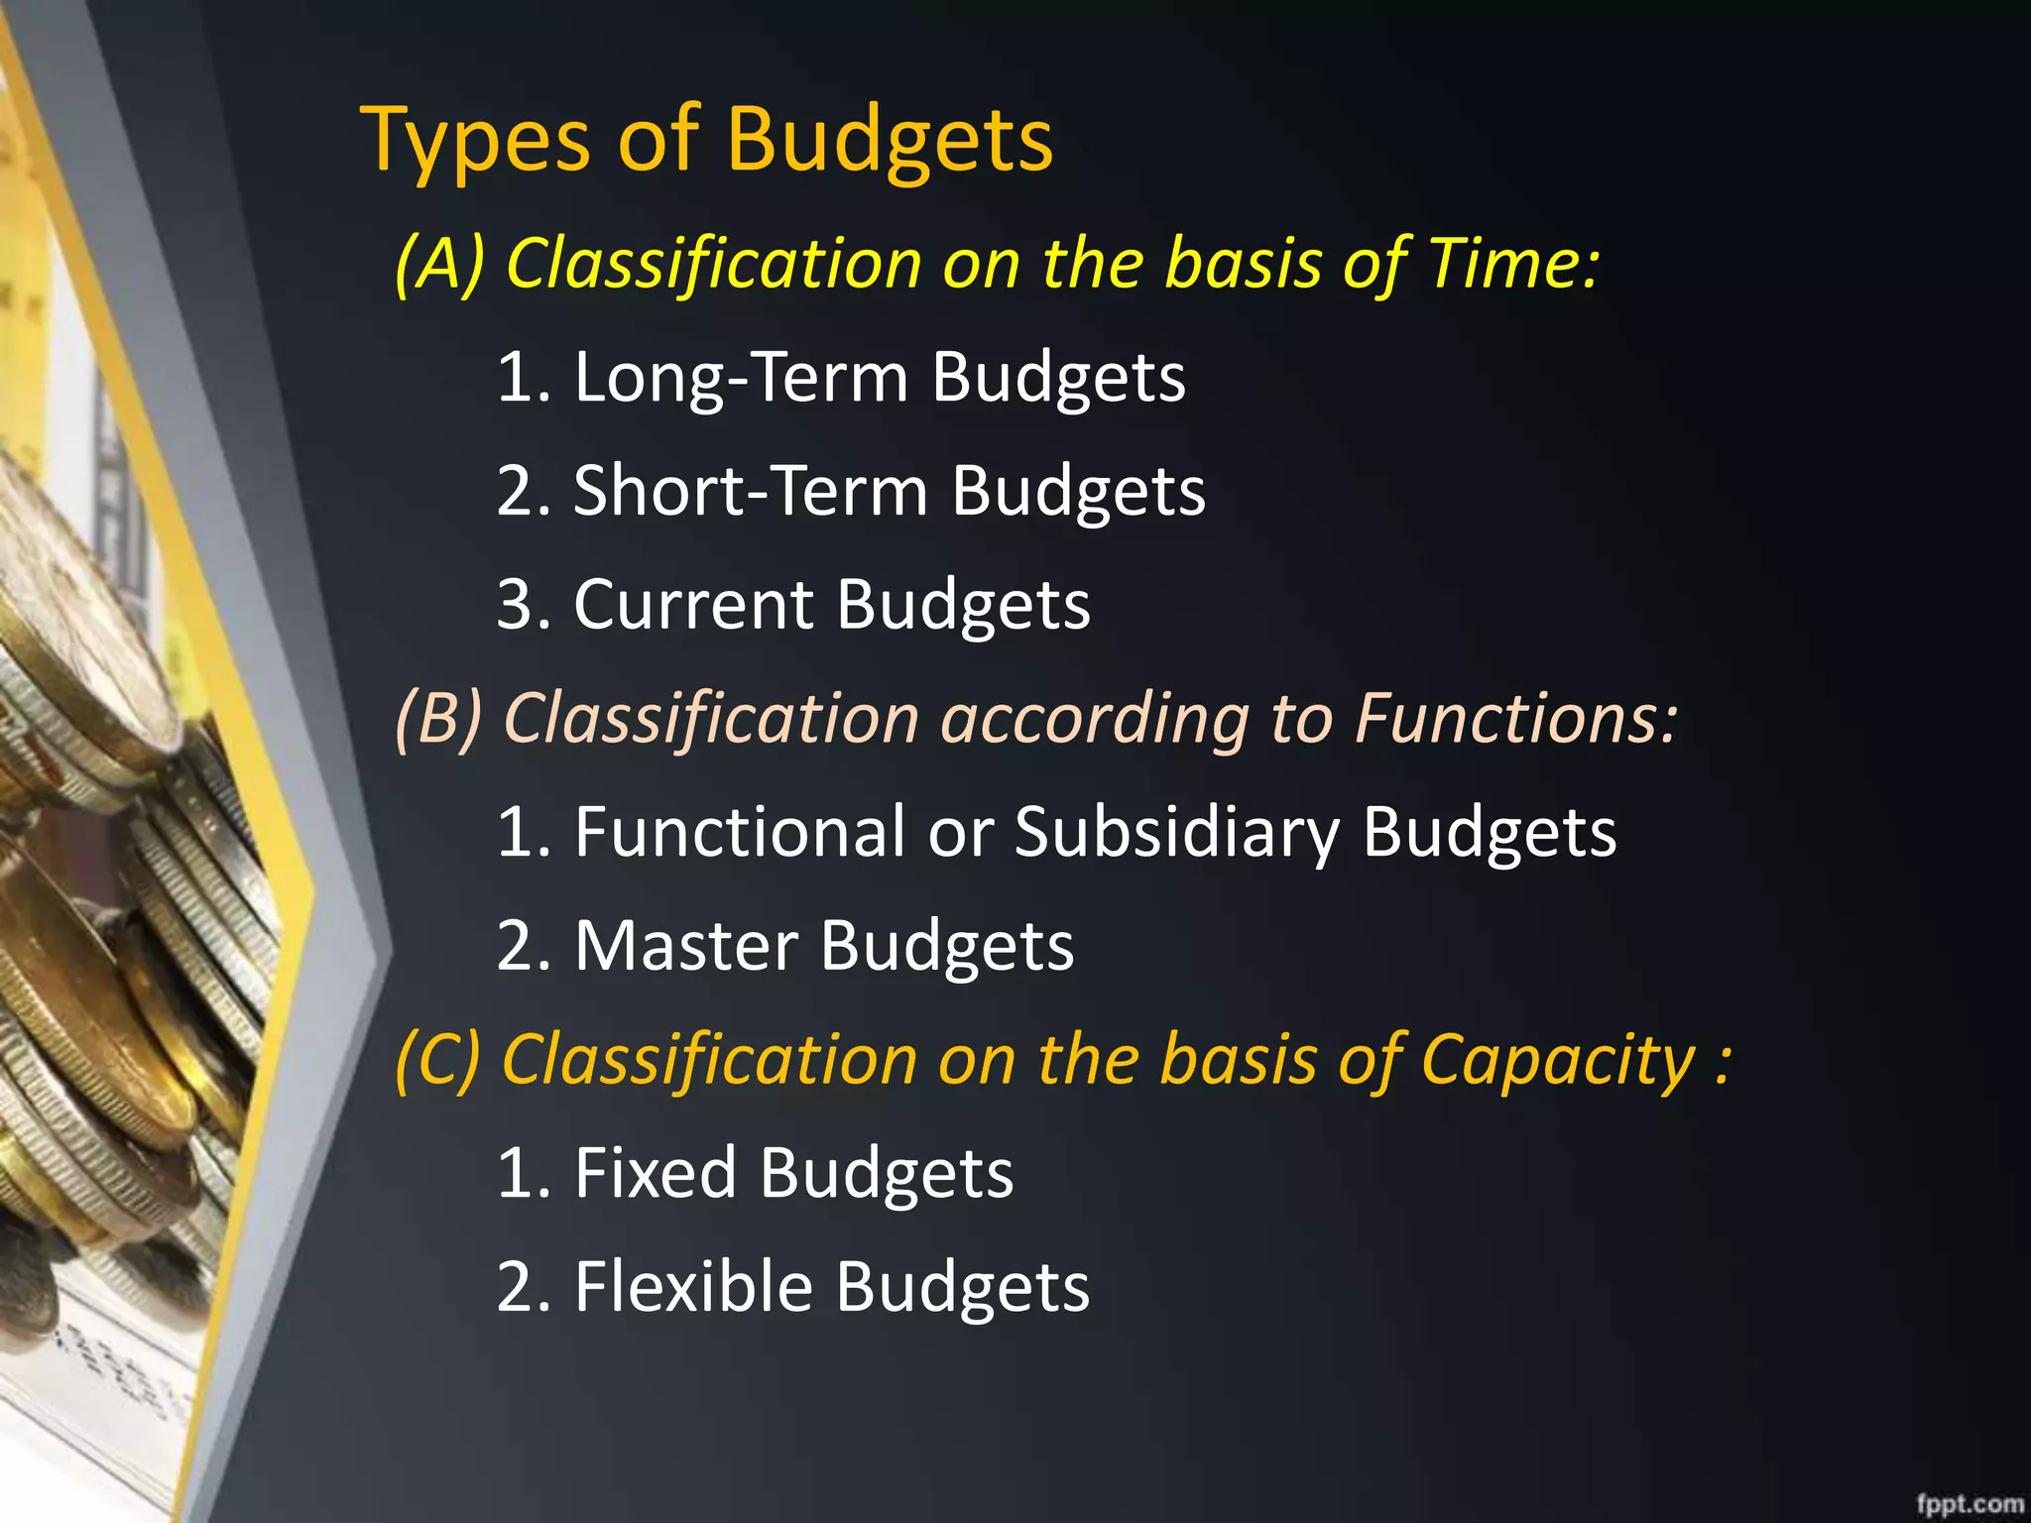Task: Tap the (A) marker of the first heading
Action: [x=439, y=265]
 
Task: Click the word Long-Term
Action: [x=741, y=378]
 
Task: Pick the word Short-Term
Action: [x=751, y=492]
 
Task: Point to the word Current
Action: [x=693, y=605]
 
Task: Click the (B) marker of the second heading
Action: [x=438, y=719]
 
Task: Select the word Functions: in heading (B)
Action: [x=1516, y=719]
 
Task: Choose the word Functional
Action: [x=740, y=833]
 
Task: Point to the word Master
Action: [x=686, y=946]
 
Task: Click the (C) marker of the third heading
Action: [x=438, y=1061]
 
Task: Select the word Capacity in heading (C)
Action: [x=1558, y=1061]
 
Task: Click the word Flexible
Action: [x=693, y=1287]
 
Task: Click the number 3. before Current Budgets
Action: [x=524, y=605]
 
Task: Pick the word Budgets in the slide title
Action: [x=890, y=142]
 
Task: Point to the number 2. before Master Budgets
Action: [x=524, y=946]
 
